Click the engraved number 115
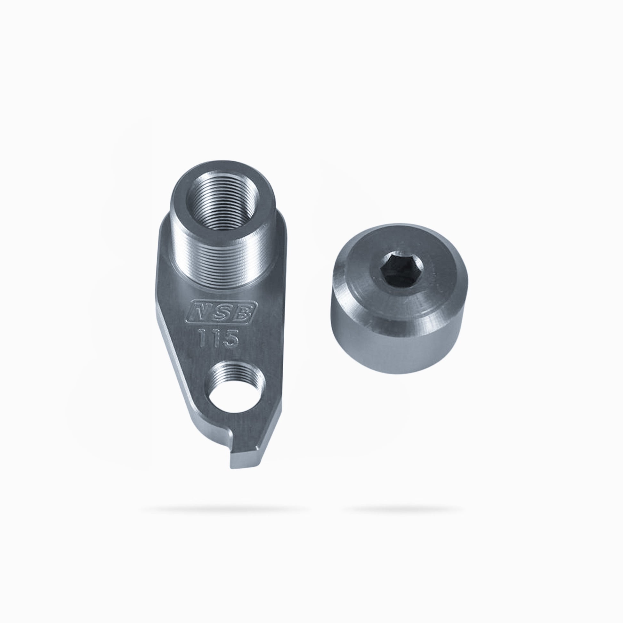click(218, 338)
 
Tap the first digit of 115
click(204, 338)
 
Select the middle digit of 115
click(215, 338)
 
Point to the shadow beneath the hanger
click(222, 510)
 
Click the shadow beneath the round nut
click(403, 510)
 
